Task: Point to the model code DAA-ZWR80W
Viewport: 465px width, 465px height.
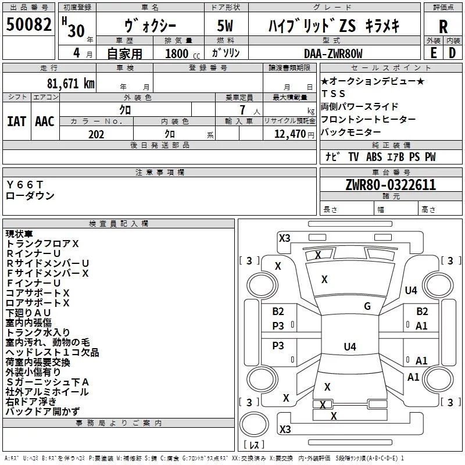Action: click(x=333, y=53)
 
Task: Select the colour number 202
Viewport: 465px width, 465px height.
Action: click(x=96, y=134)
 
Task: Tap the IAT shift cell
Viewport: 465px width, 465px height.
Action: click(x=16, y=121)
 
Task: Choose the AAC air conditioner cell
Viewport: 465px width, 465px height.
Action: click(x=44, y=121)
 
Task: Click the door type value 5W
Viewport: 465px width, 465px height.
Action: click(x=225, y=26)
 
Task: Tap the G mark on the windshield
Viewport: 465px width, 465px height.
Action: click(x=367, y=306)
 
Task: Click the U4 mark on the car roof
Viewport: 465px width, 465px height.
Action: click(x=349, y=347)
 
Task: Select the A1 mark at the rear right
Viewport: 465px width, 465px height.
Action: click(x=413, y=377)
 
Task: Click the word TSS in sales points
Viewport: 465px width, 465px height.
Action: click(x=333, y=94)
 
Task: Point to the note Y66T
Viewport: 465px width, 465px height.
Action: click(x=25, y=184)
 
